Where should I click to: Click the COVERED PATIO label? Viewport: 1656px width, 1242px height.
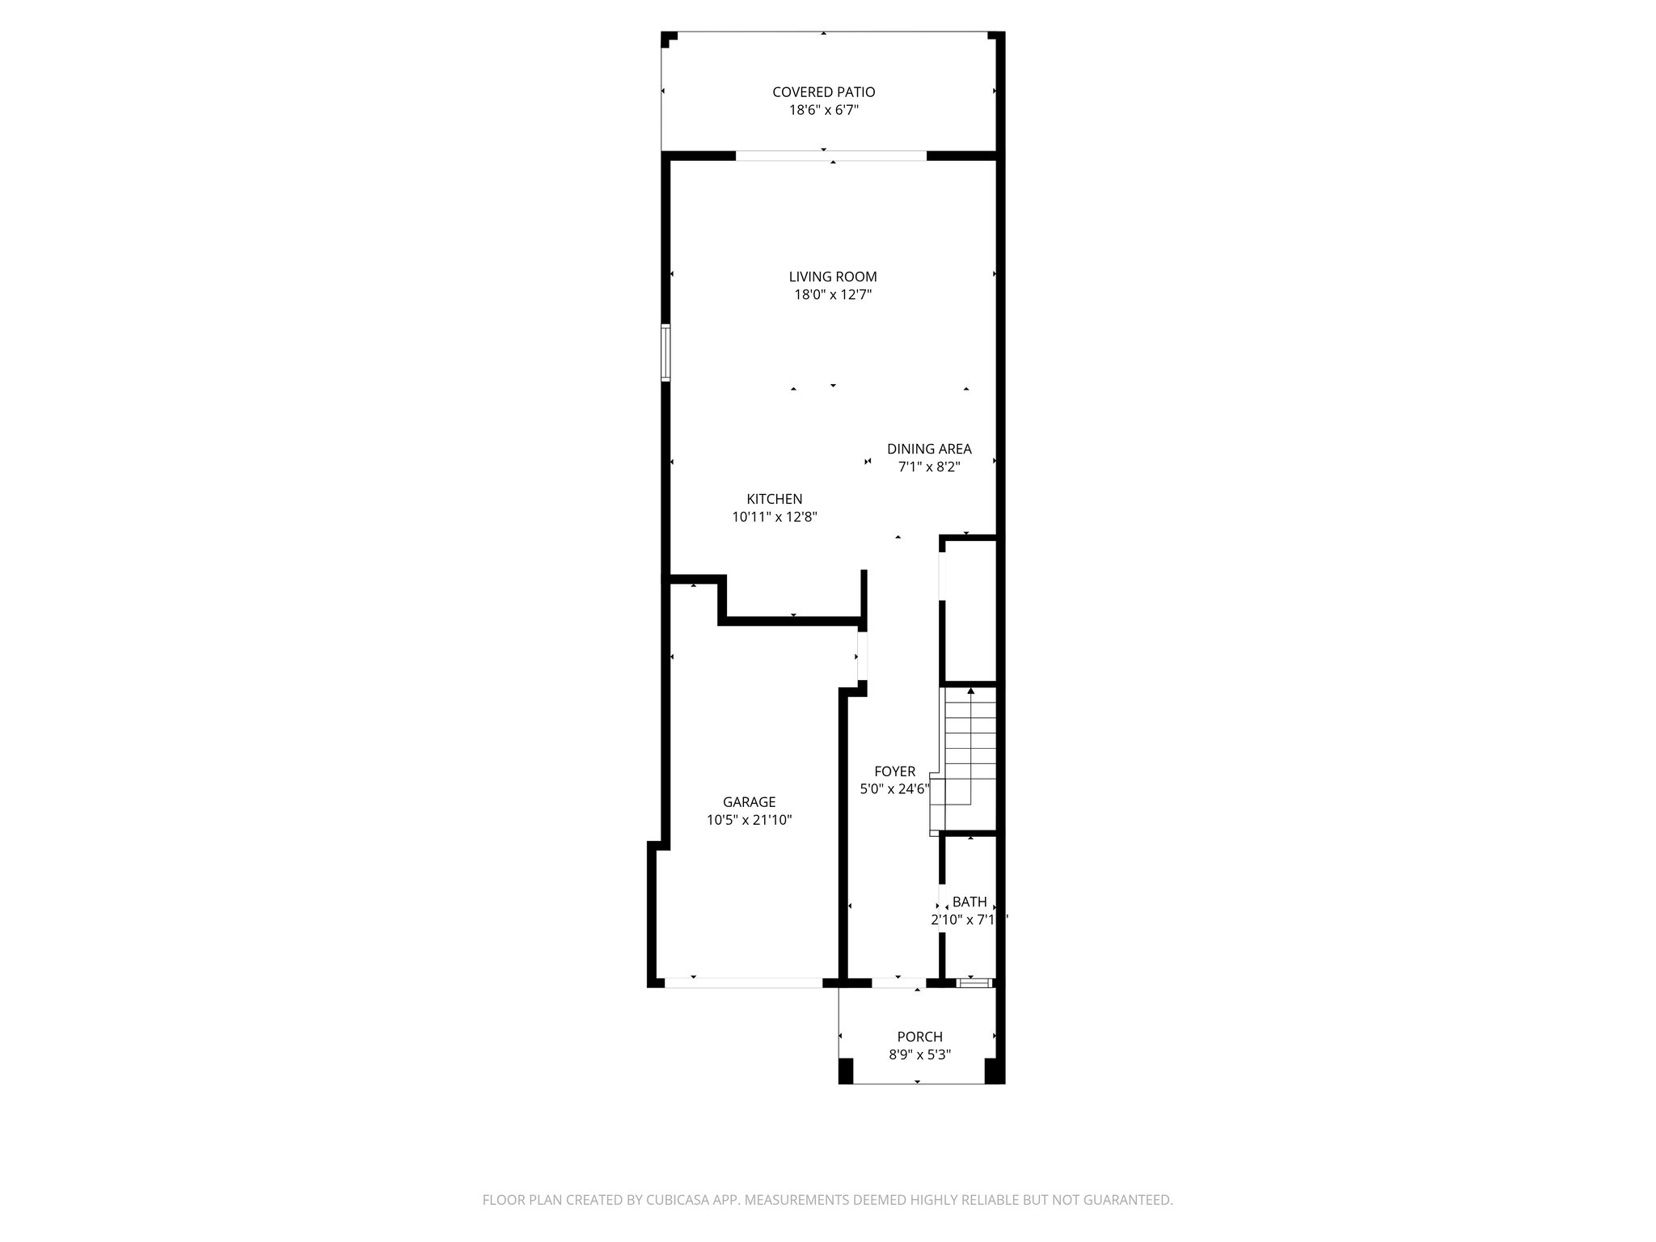823,92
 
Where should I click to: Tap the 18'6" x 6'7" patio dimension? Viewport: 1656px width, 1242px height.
823,111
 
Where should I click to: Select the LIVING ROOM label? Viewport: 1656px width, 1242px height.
832,277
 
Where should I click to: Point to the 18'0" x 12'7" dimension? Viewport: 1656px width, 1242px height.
832,295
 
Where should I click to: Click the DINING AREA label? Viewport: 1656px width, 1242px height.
928,449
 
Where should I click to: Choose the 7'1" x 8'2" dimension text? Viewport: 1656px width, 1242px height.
928,467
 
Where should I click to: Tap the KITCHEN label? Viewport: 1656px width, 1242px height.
774,500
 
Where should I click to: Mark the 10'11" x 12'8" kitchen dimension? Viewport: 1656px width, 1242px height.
774,517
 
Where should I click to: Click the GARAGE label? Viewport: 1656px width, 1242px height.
749,802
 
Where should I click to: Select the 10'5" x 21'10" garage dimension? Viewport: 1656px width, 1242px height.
749,820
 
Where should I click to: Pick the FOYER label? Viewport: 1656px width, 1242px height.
894,771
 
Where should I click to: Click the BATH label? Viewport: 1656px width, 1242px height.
969,902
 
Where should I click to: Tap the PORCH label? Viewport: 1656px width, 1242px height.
919,1037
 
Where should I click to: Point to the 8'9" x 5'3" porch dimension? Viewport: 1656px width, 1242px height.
919,1054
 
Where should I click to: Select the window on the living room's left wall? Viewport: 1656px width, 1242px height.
665,353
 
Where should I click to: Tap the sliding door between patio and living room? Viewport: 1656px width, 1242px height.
830,156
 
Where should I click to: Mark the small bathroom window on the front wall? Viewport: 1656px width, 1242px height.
974,983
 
